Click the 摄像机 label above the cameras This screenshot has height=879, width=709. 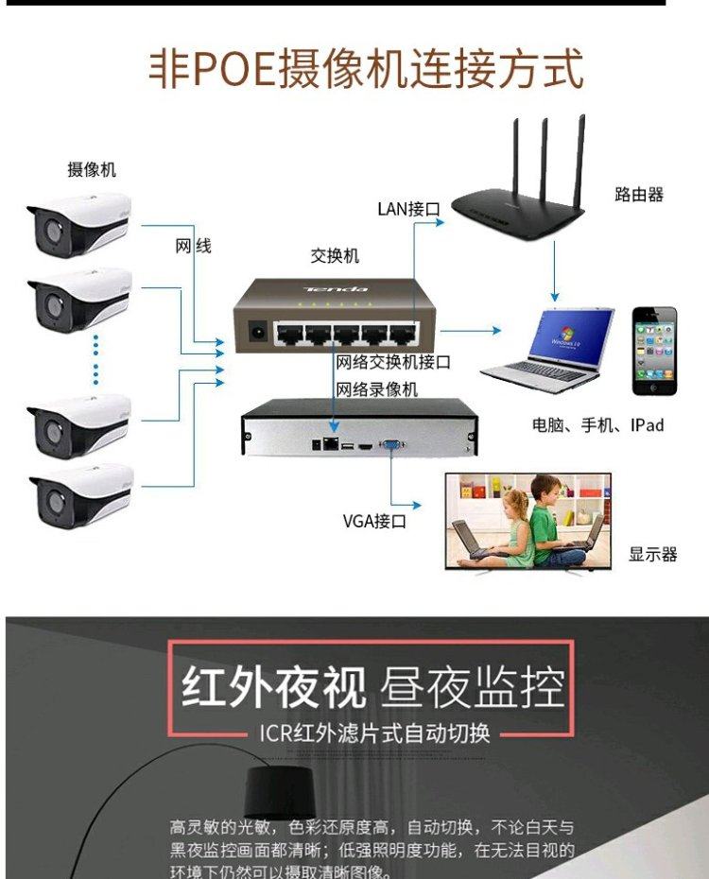[92, 169]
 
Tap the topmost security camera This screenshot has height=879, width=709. [78, 224]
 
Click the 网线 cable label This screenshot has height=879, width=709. [194, 247]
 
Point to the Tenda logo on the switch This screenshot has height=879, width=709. [336, 287]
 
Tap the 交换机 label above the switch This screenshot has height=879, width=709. [335, 256]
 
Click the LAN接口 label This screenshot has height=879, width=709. [408, 209]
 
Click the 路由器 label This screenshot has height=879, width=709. [639, 195]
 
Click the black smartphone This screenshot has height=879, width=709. [655, 351]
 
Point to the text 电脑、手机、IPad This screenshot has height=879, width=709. [597, 425]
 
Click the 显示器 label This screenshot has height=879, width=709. [653, 555]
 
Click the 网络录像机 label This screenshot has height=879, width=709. [377, 389]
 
